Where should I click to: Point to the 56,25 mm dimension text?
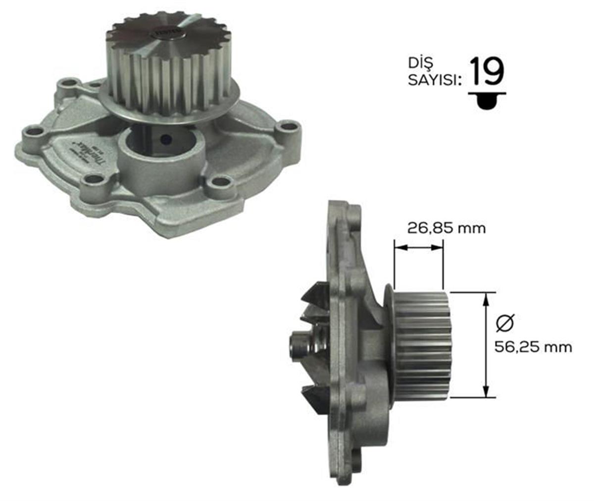coord(533,347)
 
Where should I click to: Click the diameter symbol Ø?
coord(505,323)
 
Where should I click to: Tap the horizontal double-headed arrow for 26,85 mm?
coord(418,246)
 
